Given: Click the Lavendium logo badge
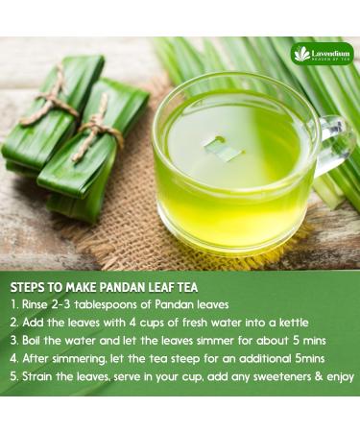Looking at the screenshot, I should (x=322, y=53).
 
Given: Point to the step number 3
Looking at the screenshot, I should (x=14, y=341).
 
